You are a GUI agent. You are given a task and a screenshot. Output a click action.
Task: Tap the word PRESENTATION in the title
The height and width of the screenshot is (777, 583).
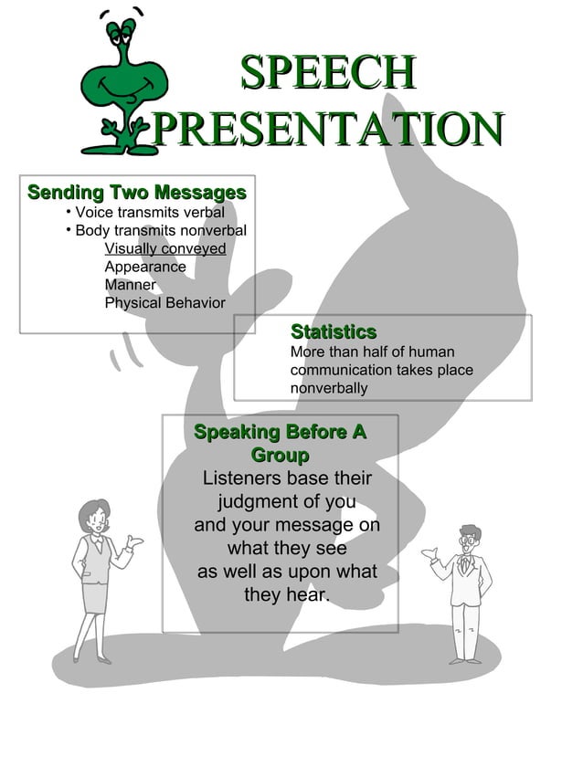click(327, 128)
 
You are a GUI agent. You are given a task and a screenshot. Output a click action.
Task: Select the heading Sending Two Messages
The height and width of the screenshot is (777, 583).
click(137, 193)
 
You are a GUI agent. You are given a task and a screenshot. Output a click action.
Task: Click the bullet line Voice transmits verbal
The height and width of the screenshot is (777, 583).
click(149, 213)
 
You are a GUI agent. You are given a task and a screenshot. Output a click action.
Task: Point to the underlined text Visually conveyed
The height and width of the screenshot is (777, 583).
click(165, 248)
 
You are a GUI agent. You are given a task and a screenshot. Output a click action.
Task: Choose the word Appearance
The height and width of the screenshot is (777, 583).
click(145, 267)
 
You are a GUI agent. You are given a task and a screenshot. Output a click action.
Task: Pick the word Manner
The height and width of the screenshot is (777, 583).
click(130, 285)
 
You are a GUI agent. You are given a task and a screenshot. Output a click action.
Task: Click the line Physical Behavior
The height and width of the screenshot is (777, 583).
click(164, 302)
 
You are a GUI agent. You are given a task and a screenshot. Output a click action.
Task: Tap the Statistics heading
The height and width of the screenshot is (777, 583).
click(334, 331)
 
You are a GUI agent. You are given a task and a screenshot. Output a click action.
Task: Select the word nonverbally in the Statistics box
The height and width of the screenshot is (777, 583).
click(329, 388)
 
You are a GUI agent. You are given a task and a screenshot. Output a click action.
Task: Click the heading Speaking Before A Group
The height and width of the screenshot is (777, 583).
click(280, 443)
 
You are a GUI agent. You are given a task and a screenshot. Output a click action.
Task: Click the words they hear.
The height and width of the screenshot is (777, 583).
click(286, 595)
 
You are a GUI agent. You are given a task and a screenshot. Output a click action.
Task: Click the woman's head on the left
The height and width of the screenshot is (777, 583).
click(94, 515)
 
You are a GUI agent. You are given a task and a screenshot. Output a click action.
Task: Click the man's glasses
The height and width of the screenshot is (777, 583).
click(470, 540)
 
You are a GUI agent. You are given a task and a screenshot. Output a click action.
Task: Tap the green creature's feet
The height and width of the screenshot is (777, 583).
click(120, 146)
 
